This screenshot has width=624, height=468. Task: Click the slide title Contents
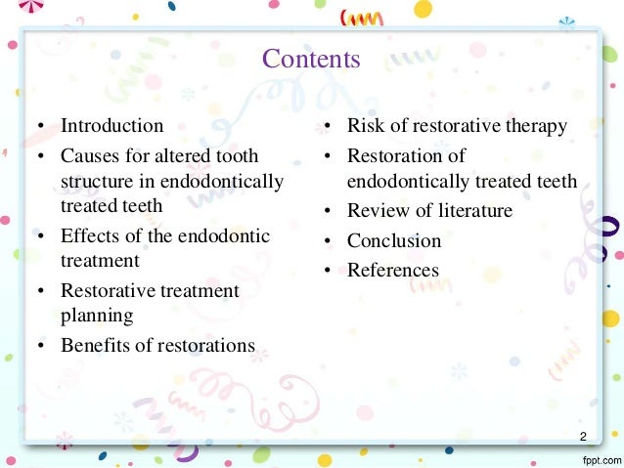tap(311, 60)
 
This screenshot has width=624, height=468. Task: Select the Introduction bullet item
tap(111, 126)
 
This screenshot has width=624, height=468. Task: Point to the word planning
tap(97, 316)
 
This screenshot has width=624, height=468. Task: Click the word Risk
tap(365, 126)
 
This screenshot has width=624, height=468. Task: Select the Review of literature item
tap(429, 211)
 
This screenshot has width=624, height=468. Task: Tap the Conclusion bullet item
tap(394, 240)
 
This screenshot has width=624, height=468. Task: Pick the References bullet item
tap(393, 270)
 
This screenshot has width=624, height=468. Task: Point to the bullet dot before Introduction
tap(42, 127)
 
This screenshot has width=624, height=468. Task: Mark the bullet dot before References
tap(329, 271)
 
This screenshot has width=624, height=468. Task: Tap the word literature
tap(474, 211)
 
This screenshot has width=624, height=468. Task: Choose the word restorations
tap(207, 345)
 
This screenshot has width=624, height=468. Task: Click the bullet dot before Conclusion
tap(329, 241)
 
